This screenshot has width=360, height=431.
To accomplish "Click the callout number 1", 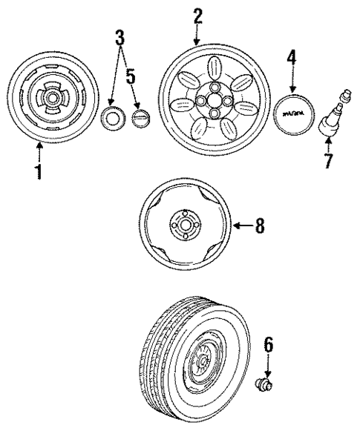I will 39,171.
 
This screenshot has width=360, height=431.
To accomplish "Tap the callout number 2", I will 198,16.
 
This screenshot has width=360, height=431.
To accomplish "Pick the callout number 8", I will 258,227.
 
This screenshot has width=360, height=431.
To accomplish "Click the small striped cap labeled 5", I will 140,118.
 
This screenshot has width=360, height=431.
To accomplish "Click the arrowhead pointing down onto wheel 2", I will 198,42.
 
